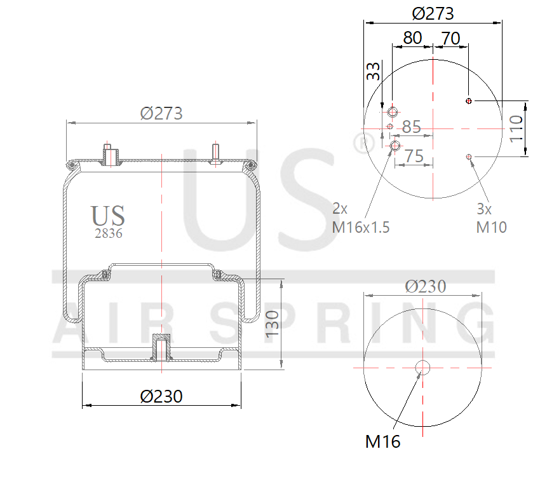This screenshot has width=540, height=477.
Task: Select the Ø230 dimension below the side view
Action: tap(161, 396)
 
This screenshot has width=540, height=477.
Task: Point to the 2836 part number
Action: tap(108, 233)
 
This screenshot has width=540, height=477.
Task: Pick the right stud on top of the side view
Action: tap(216, 154)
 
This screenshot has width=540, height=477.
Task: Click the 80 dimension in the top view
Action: tap(412, 38)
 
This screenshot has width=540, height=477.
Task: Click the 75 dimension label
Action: tap(414, 156)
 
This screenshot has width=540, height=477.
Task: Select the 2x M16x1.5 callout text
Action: tap(360, 218)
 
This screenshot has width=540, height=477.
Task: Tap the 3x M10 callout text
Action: tap(491, 218)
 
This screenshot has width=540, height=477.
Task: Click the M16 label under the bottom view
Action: tap(382, 441)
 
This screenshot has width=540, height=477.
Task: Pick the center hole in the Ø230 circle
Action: tap(422, 367)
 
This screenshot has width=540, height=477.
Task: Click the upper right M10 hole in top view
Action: tap(469, 101)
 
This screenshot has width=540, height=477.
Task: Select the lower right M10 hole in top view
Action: tap(469, 156)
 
